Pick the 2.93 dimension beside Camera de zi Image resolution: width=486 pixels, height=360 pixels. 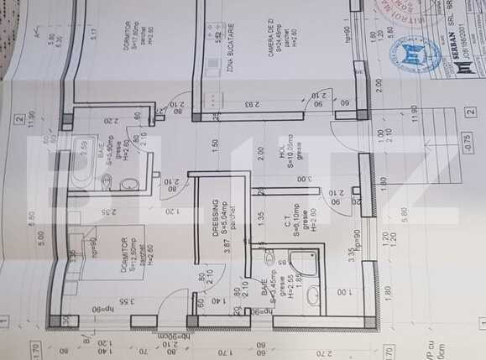coord(249,105)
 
